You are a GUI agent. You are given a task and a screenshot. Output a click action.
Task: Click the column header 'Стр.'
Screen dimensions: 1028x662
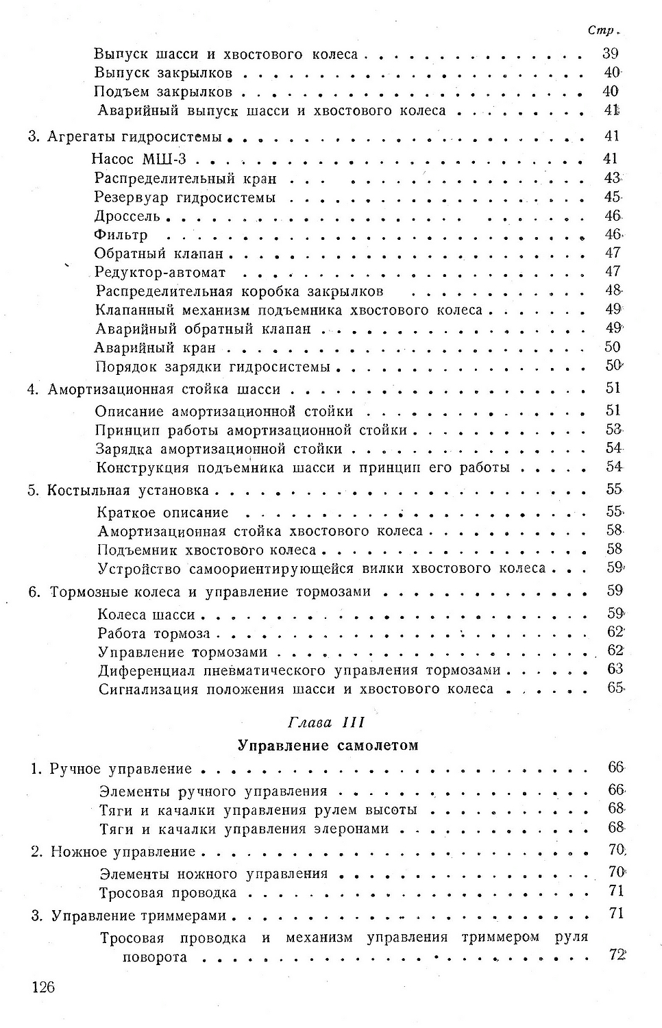point(603,31)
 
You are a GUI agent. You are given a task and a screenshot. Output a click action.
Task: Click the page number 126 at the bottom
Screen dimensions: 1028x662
point(42,987)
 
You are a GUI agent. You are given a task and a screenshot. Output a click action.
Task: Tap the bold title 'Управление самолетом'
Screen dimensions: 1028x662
point(328,745)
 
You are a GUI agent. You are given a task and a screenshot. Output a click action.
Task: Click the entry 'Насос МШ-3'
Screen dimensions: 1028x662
point(138,160)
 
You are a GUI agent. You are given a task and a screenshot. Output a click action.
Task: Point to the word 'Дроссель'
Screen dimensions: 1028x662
point(127,217)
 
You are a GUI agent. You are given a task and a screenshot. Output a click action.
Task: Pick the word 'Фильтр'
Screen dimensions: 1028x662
point(121,235)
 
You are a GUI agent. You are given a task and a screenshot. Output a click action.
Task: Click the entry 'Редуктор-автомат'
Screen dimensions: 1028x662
point(160,273)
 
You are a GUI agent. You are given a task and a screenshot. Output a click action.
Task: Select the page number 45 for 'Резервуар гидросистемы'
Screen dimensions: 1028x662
point(611,197)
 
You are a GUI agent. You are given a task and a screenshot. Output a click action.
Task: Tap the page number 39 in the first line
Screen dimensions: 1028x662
point(610,53)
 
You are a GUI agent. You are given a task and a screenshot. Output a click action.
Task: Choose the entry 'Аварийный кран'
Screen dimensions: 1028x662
point(156,347)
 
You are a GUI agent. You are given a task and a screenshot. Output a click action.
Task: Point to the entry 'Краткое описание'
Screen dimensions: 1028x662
point(163,513)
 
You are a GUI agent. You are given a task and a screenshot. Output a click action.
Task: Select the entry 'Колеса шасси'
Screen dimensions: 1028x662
point(147,614)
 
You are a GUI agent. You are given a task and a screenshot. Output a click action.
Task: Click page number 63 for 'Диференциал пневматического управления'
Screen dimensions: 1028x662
point(614,669)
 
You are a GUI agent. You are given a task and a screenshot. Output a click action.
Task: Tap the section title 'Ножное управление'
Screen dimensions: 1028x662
point(123,852)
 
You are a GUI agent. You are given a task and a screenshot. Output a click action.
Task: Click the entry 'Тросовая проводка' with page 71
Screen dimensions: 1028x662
point(168,893)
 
